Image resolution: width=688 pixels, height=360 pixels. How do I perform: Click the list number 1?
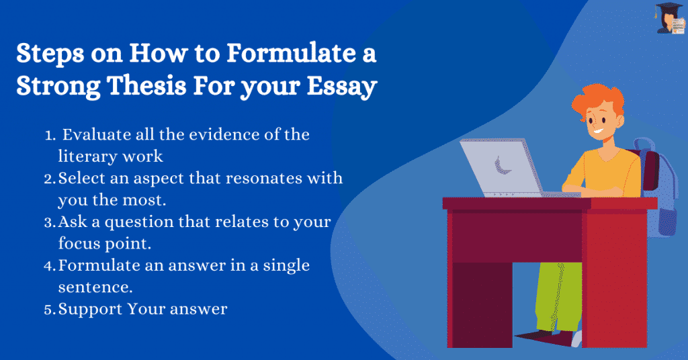[50, 135]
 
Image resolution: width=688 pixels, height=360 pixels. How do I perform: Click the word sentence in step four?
[95, 287]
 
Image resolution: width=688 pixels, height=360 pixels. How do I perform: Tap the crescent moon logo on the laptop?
[500, 166]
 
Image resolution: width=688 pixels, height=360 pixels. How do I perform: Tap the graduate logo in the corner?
[670, 18]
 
